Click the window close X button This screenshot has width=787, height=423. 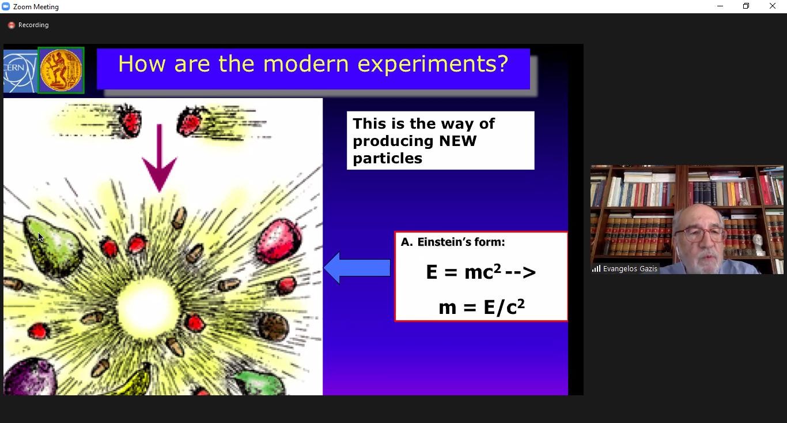[x=772, y=6]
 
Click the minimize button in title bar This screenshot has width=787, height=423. [x=720, y=6]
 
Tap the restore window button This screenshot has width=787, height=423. [x=746, y=6]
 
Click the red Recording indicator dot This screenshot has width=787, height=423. [x=12, y=25]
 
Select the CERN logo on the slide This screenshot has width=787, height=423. [x=20, y=71]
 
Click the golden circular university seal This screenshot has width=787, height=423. [x=61, y=70]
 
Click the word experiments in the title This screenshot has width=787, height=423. [x=433, y=64]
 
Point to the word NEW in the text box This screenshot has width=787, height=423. [x=457, y=141]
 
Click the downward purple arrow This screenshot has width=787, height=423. [x=159, y=158]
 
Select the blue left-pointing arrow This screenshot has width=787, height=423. [x=357, y=268]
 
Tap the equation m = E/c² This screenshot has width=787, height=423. [x=481, y=307]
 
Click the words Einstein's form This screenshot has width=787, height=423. [x=460, y=242]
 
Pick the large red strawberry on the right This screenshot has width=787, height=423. [x=279, y=241]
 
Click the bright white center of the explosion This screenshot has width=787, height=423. [x=147, y=307]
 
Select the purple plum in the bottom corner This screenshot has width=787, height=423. [x=30, y=377]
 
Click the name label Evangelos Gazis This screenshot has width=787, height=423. [x=630, y=269]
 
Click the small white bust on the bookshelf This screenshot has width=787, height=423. [x=759, y=245]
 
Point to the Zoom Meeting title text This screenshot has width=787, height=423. [x=36, y=7]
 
